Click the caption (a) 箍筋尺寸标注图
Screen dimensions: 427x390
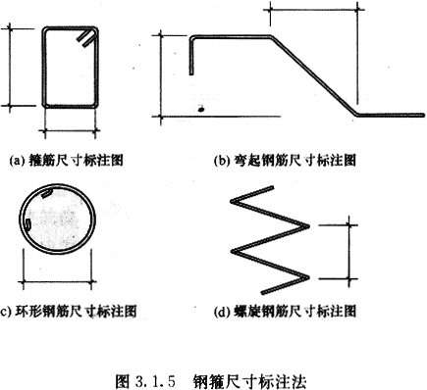pyautogui.click(x=67, y=161)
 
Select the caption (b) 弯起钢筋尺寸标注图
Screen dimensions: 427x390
pyautogui.click(x=285, y=161)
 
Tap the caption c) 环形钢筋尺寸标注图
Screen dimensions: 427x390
pyautogui.click(x=69, y=312)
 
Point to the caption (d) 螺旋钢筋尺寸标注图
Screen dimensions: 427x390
pyautogui.click(x=285, y=312)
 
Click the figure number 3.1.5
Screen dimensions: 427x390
pyautogui.click(x=155, y=381)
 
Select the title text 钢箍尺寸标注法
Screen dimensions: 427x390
pyautogui.click(x=250, y=381)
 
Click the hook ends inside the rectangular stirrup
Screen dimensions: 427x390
pyautogui.click(x=86, y=38)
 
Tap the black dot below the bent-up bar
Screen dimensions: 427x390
pyautogui.click(x=201, y=109)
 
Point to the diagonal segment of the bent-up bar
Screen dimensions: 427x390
pyautogui.click(x=314, y=75)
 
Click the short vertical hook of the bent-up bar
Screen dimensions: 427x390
pyautogui.click(x=191, y=56)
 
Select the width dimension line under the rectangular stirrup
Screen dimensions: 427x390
pyautogui.click(x=70, y=131)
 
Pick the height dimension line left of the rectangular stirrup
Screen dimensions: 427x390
pyautogui.click(x=10, y=68)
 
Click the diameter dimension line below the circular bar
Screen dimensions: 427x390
pyautogui.click(x=58, y=281)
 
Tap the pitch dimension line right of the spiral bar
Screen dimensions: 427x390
pyautogui.click(x=349, y=252)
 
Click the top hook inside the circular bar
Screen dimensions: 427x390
pyautogui.click(x=47, y=193)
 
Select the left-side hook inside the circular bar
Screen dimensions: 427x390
pyautogui.click(x=28, y=225)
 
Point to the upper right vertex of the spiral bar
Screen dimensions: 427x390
pyautogui.click(x=308, y=225)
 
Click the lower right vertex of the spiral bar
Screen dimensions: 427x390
pyautogui.click(x=308, y=277)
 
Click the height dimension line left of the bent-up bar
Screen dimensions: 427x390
pyautogui.click(x=161, y=75)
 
